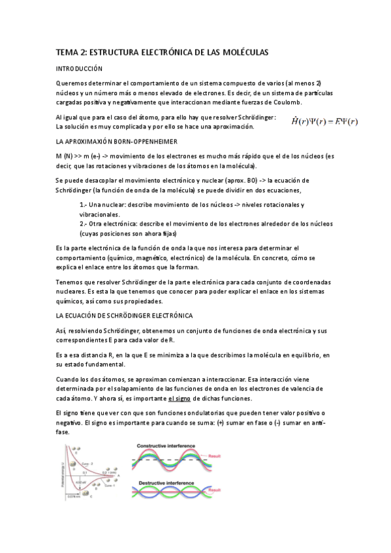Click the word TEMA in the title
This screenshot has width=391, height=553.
(65, 51)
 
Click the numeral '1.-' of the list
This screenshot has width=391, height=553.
(84, 205)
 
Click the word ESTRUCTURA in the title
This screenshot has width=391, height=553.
(118, 51)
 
